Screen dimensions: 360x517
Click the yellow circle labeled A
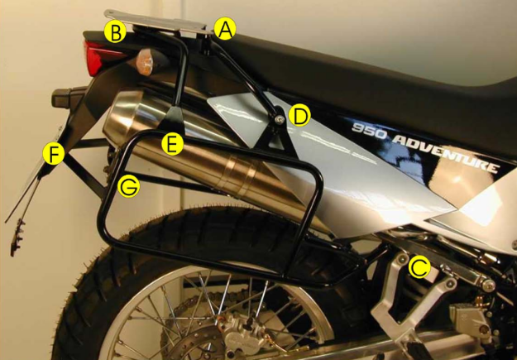[225, 30]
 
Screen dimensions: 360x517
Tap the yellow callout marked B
[116, 33]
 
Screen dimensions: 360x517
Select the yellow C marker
[419, 267]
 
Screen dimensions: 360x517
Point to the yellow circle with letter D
[299, 115]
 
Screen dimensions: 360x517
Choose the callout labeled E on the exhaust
[172, 143]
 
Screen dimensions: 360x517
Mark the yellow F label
[54, 154]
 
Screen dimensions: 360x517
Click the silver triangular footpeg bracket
[397, 314]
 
